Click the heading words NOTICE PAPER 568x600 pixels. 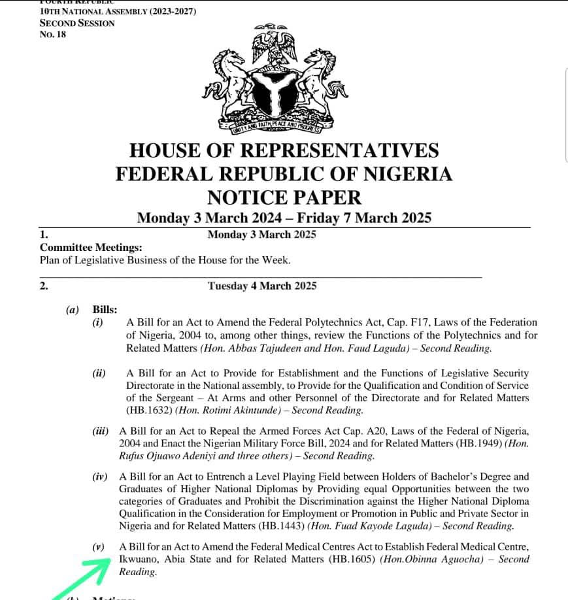[284, 196]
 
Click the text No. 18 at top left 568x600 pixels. [53, 34]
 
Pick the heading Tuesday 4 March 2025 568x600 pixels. [262, 286]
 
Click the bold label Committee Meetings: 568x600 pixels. [91, 247]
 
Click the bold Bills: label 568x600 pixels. [105, 309]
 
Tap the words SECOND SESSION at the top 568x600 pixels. [77, 23]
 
